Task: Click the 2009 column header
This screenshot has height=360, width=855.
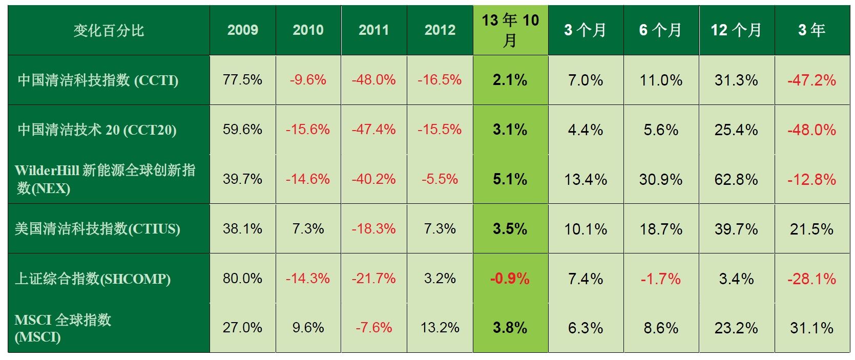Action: pyautogui.click(x=242, y=30)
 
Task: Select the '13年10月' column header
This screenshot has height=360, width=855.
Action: pyautogui.click(x=510, y=30)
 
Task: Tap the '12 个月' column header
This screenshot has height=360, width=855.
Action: pyautogui.click(x=736, y=30)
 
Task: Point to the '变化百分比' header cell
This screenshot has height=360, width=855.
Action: pyautogui.click(x=109, y=30)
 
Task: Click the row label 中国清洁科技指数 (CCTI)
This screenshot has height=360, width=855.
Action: pyautogui.click(x=98, y=80)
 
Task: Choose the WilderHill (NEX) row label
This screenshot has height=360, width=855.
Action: pyautogui.click(x=105, y=179)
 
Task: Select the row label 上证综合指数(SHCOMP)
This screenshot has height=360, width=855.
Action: pyautogui.click(x=93, y=279)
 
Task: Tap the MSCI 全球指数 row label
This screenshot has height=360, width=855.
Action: pyautogui.click(x=62, y=328)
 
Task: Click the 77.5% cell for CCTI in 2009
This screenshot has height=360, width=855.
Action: pyautogui.click(x=242, y=80)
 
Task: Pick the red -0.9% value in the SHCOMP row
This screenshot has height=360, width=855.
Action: pyautogui.click(x=510, y=279)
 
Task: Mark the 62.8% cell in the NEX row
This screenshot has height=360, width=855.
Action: pyautogui.click(x=736, y=179)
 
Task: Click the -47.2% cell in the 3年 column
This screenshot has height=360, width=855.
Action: pyautogui.click(x=811, y=80)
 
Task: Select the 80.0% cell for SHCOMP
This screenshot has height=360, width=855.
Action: pyautogui.click(x=242, y=279)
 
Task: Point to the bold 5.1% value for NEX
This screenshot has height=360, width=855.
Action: pyautogui.click(x=510, y=179)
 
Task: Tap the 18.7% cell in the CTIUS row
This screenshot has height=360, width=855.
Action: pyautogui.click(x=661, y=229)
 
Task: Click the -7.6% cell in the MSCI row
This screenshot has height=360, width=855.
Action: pyautogui.click(x=374, y=328)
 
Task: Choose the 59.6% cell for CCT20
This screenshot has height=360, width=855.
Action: pyautogui.click(x=242, y=130)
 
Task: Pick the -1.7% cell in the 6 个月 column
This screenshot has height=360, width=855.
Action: pyautogui.click(x=661, y=279)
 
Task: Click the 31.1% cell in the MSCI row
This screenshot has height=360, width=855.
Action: pyautogui.click(x=811, y=328)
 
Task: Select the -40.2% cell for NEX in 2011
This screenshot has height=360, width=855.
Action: pyautogui.click(x=374, y=179)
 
